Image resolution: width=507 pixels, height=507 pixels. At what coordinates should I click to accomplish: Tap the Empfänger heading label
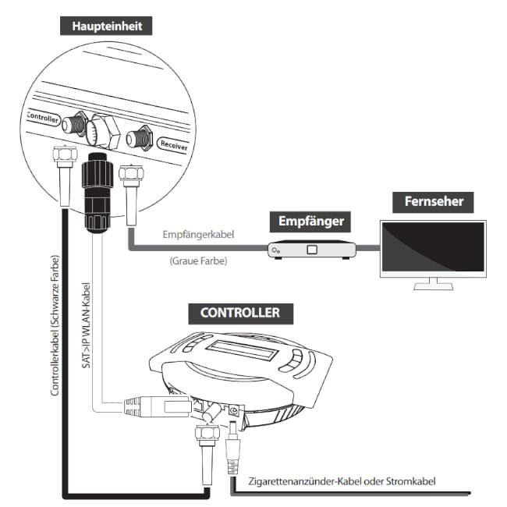[311, 222]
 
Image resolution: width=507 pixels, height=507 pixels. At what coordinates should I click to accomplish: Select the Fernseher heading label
[434, 201]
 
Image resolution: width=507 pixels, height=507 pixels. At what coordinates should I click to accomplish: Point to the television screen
[432, 246]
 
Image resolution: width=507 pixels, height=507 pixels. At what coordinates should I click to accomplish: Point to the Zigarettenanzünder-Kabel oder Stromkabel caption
[341, 481]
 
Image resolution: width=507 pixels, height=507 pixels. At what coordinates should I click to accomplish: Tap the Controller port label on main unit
[44, 117]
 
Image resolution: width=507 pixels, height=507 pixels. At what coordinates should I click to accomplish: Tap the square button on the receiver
[312, 250]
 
